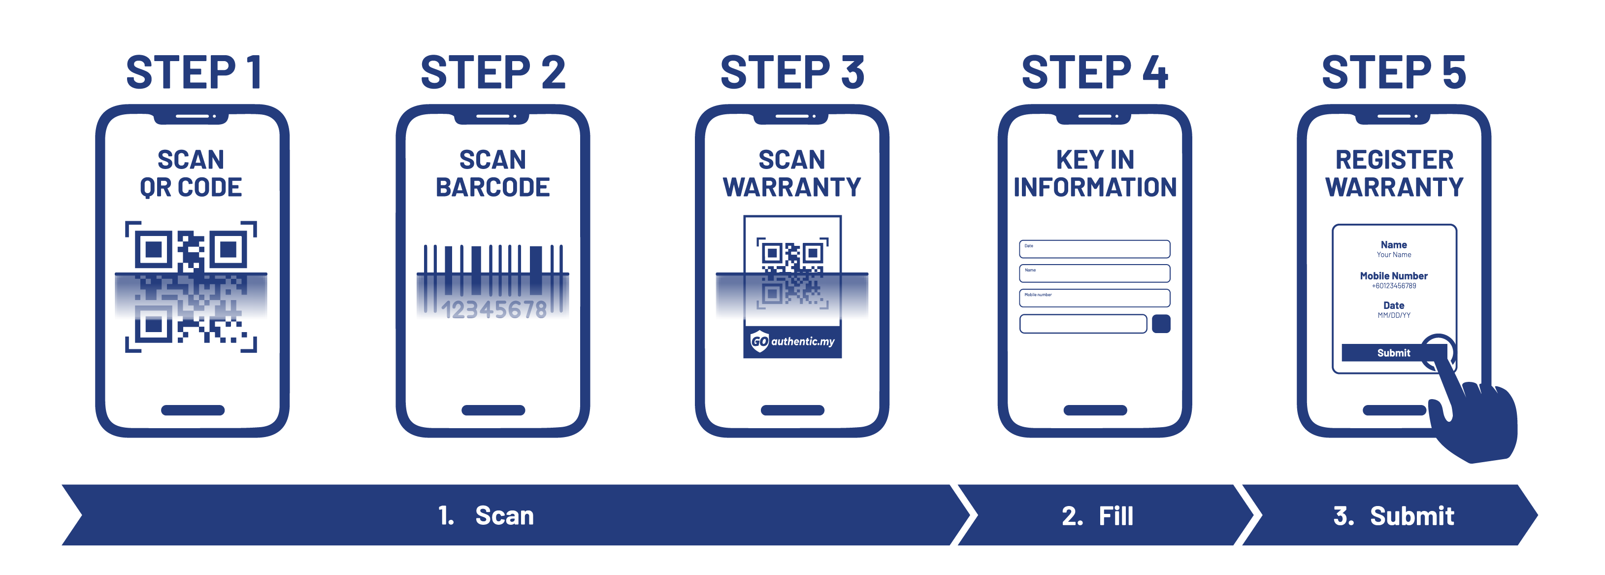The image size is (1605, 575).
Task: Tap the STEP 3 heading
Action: click(792, 72)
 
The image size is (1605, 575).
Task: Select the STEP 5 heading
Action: click(1394, 72)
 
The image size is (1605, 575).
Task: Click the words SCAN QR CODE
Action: click(191, 173)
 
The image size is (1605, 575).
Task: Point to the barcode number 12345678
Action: click(493, 309)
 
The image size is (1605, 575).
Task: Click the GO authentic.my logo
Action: click(792, 341)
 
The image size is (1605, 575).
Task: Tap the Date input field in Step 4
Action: click(1094, 249)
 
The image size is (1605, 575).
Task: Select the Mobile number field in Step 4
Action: click(1094, 298)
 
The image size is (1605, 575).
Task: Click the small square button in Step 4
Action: click(1161, 324)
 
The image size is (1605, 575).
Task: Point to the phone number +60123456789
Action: click(1394, 286)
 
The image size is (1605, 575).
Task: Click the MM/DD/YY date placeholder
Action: click(1394, 315)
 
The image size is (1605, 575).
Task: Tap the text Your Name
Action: click(1394, 254)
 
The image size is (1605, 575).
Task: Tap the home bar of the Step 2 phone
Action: click(493, 410)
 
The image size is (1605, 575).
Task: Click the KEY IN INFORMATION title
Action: click(1095, 173)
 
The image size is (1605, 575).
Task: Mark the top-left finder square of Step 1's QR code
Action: click(153, 249)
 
